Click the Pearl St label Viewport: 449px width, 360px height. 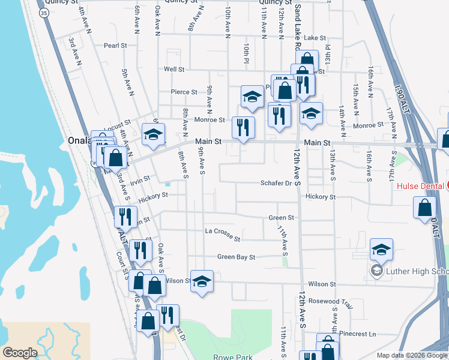pos(115,45)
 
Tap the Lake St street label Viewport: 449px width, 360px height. pos(315,38)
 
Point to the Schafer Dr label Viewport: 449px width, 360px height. pos(276,184)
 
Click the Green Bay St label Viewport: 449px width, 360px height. pos(236,257)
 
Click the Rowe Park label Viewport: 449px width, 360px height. pos(233,357)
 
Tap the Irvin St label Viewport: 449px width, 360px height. pos(139,178)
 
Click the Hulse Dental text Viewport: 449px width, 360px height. pos(420,186)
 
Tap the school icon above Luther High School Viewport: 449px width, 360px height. pos(381,249)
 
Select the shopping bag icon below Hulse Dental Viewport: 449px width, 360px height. pos(424,208)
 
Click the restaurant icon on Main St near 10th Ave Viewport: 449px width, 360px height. pos(243,127)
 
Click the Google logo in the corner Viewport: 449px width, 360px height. pos(20,353)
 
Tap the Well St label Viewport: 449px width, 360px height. pos(173,70)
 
